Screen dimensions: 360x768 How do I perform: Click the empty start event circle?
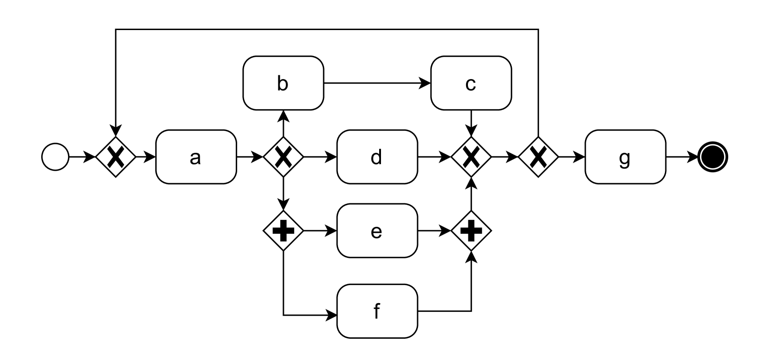click(55, 157)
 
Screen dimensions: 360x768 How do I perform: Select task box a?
click(196, 157)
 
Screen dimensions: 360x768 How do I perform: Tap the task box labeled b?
click(283, 83)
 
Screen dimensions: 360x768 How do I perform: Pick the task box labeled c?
click(471, 83)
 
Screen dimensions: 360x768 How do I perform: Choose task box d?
click(377, 157)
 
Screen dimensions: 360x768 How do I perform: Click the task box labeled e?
click(377, 231)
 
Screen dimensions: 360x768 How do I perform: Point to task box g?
click(625, 157)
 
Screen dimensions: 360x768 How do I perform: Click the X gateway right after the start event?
click(116, 157)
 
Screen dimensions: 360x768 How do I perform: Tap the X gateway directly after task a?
click(283, 157)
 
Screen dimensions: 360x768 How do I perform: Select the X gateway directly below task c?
click(471, 157)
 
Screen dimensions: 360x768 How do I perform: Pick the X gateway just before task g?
click(538, 157)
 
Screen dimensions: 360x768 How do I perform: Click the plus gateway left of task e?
click(283, 231)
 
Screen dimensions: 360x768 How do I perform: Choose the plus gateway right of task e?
click(471, 231)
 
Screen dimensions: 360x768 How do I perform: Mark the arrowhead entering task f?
click(332, 316)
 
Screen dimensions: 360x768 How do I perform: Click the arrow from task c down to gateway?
click(471, 123)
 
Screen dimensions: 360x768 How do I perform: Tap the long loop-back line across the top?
click(324, 30)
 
